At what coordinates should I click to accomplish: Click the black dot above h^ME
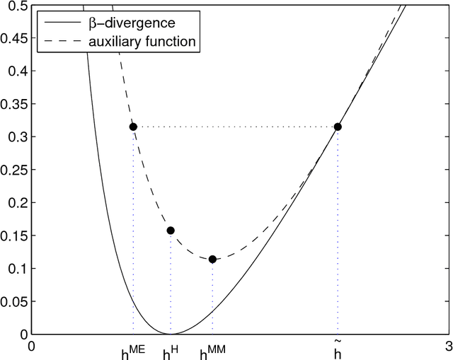click(x=133, y=127)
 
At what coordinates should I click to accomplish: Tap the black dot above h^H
click(x=171, y=231)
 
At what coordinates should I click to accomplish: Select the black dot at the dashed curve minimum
click(x=212, y=260)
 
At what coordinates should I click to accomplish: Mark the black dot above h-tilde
click(x=338, y=127)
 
